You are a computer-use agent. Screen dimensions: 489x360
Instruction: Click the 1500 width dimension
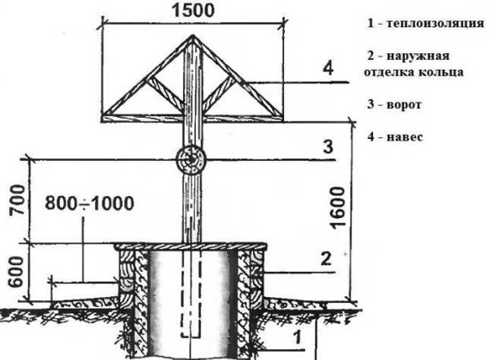pos(193,11)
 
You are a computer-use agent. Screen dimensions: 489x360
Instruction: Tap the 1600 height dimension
pos(338,208)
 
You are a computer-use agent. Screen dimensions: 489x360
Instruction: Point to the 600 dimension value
pos(16,272)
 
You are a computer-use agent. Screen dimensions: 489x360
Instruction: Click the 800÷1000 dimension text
pos(90,204)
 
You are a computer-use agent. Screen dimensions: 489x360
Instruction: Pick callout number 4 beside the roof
pos(328,68)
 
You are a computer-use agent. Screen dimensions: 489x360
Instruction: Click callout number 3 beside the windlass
pos(328,147)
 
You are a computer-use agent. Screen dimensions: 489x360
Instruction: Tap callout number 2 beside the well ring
pos(326,259)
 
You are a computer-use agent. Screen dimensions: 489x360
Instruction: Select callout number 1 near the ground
pos(298,338)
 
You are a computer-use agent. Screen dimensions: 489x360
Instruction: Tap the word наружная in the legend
pos(418,56)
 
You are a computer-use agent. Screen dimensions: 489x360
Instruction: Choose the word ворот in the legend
pos(404,105)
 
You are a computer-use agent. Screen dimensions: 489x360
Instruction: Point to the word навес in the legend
pos(405,137)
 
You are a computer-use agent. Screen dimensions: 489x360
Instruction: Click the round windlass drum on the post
pos(191,159)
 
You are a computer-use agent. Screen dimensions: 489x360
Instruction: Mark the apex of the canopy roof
pos(193,36)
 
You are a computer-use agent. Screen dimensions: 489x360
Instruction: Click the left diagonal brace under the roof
pos(165,93)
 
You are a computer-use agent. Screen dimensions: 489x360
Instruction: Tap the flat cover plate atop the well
pos(191,246)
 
